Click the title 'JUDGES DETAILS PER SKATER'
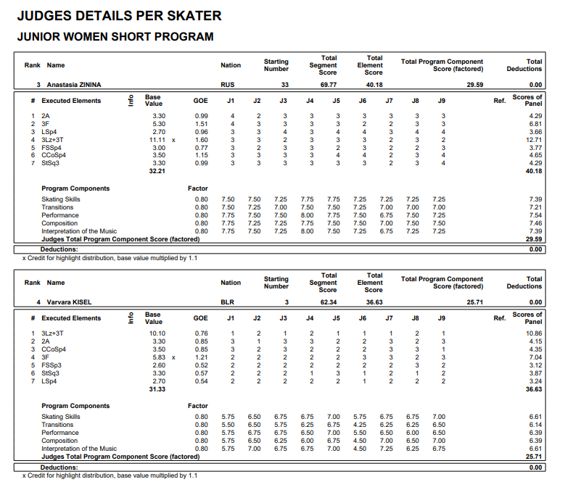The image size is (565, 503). [119, 16]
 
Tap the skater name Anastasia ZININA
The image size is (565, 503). [75, 85]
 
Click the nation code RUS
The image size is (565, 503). [228, 85]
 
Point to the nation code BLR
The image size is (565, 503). [228, 302]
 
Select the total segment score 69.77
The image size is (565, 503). [328, 85]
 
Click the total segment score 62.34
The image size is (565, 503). [328, 302]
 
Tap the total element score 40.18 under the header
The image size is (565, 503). [374, 85]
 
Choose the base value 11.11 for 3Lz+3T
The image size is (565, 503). [157, 139]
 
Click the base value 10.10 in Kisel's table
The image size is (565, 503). [157, 333]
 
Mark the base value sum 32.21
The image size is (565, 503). [157, 171]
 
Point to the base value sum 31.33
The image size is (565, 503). [157, 389]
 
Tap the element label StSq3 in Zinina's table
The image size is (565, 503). [51, 163]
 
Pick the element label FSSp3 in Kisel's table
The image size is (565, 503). [51, 365]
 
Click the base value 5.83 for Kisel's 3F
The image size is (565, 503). [157, 357]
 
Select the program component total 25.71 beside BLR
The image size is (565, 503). [474, 302]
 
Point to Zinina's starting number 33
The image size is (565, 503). [285, 85]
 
